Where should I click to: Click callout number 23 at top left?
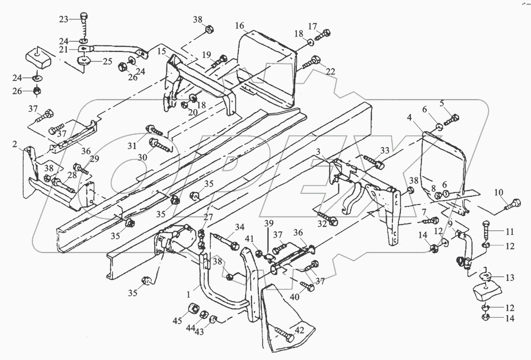(x=63, y=19)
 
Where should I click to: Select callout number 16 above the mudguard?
(x=239, y=26)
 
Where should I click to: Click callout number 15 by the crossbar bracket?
(x=162, y=51)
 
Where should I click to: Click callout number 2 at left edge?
(x=15, y=144)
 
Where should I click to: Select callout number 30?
(x=142, y=157)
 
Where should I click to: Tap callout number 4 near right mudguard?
(x=409, y=117)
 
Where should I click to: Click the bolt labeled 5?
(x=452, y=119)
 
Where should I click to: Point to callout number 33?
(x=385, y=151)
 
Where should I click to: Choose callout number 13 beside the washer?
(x=510, y=278)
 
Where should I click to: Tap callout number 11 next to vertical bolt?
(x=510, y=232)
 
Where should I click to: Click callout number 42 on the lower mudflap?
(x=300, y=330)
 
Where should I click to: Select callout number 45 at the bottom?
(x=177, y=321)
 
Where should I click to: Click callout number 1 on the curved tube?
(x=188, y=295)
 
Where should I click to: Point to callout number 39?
(x=269, y=224)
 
